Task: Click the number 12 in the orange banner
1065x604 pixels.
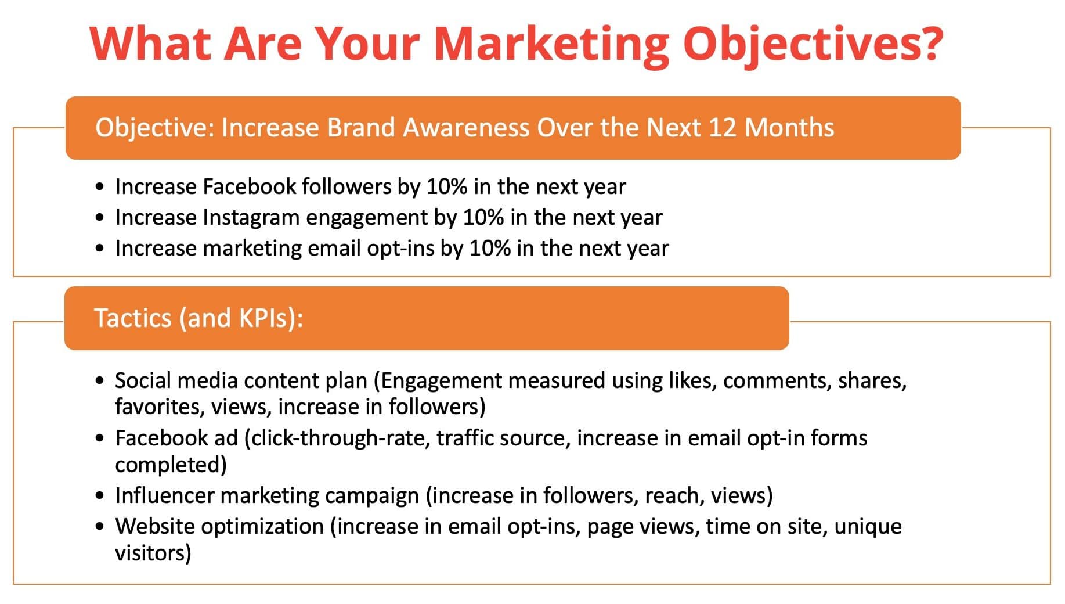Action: (x=723, y=128)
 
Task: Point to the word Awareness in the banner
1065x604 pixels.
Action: (x=466, y=128)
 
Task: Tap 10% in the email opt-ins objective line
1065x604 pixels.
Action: (x=490, y=249)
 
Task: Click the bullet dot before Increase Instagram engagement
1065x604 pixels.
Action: (x=101, y=218)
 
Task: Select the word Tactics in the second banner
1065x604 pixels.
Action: (x=133, y=318)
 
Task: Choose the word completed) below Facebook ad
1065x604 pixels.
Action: (x=171, y=465)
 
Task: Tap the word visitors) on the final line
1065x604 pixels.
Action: (x=153, y=553)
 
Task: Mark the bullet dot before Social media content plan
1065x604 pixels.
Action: (x=101, y=381)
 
